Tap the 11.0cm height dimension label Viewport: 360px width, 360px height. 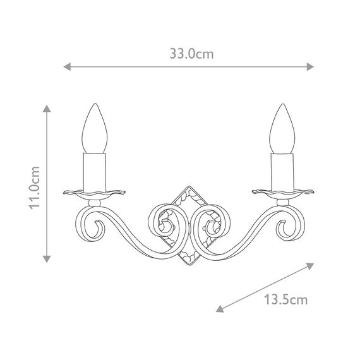click(x=36, y=188)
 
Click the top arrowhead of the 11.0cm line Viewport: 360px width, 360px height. click(x=46, y=109)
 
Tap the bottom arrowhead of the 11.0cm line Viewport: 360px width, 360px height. click(x=46, y=259)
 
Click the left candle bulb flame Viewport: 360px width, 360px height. click(x=97, y=129)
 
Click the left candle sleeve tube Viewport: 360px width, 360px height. click(x=97, y=169)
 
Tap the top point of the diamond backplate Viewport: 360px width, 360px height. click(x=188, y=185)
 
